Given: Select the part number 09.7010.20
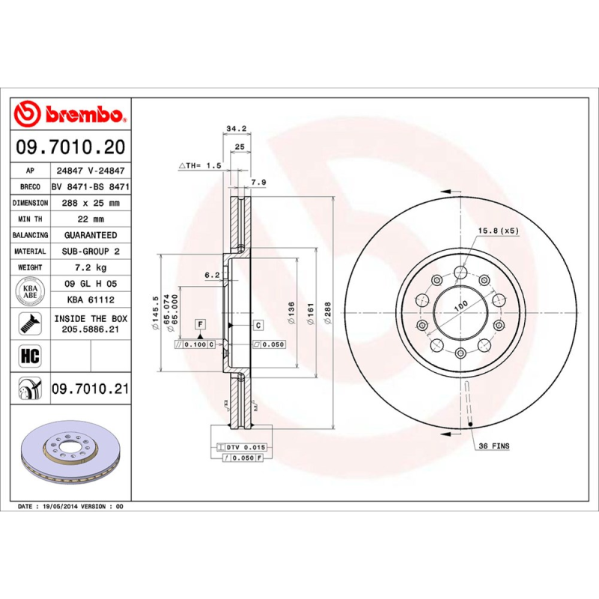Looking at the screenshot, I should [x=70, y=147].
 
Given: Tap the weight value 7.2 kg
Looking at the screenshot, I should [x=91, y=267].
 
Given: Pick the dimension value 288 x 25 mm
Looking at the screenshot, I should [x=91, y=203].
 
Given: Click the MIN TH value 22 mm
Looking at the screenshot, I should [x=91, y=219].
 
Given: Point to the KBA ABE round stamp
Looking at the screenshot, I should [x=30, y=291].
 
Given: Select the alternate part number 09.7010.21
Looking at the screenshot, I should [x=91, y=389].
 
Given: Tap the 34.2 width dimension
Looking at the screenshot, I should [x=237, y=129].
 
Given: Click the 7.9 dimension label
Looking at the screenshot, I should [x=258, y=182].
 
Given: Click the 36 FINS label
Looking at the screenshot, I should [x=493, y=446].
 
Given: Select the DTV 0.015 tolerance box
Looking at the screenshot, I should [x=245, y=447].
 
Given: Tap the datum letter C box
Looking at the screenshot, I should [x=258, y=324].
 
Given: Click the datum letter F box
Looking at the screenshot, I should [x=200, y=323].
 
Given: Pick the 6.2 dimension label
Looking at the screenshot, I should [x=212, y=275].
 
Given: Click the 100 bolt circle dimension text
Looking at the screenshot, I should [x=460, y=304].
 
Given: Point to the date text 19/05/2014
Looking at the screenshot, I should [x=61, y=507].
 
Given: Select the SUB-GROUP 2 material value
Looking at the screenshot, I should [x=91, y=252].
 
